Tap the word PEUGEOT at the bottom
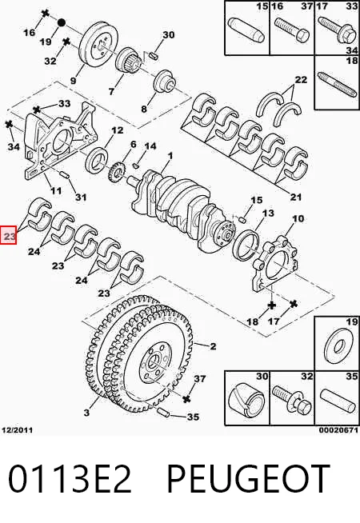pos(248,479)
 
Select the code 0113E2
pos(70,479)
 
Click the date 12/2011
pos(18,430)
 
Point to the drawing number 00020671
pos(338,430)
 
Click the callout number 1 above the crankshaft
pos(170,156)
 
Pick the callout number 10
pos(298,218)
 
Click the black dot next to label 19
pos(61,23)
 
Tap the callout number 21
pos(296,198)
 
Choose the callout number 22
pos(301,80)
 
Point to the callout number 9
pos(74,81)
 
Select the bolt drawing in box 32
pos(293,400)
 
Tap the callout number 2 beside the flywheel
pos(213,346)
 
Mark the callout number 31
pos(81,198)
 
